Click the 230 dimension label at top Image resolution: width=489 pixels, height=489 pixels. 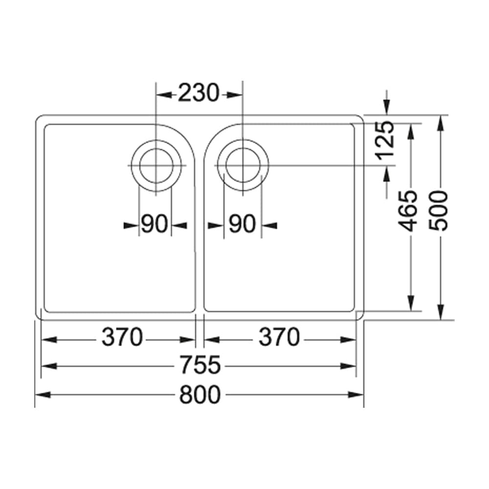coord(198,94)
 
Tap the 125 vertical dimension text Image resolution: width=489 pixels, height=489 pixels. coord(386,141)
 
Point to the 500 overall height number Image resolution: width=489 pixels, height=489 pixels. coord(441,211)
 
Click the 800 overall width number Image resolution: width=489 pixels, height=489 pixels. coord(200,395)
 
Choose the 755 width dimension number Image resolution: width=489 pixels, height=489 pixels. coord(200,366)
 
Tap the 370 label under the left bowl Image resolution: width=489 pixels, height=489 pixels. coord(122,337)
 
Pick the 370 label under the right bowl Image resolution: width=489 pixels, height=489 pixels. coord(279,337)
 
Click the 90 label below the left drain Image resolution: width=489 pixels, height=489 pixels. coord(155,225)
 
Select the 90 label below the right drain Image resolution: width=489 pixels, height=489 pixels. coord(243,225)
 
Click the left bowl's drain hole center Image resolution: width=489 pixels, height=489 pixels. coord(156,166)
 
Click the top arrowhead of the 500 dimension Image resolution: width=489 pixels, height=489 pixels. coord(441,122)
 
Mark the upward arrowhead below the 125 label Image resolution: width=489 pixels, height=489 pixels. coord(386,173)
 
